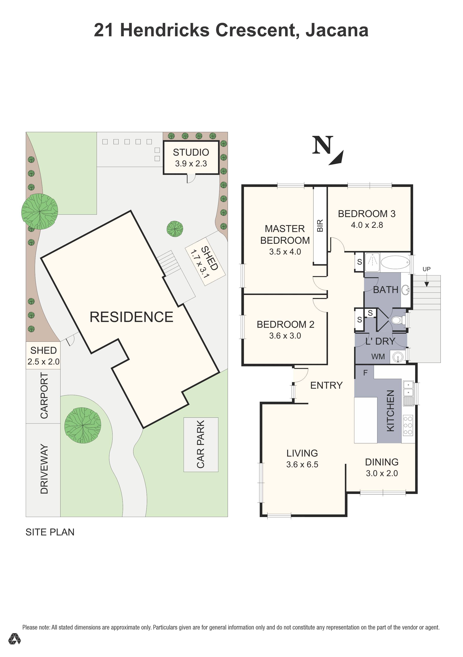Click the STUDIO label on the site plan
click(191, 152)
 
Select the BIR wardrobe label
click(320, 225)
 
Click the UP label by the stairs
click(426, 269)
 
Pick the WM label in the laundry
click(378, 357)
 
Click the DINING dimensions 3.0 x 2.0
click(382, 473)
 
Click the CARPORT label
click(44, 395)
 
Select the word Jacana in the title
click(337, 30)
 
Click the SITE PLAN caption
click(50, 532)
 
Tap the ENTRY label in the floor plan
click(326, 386)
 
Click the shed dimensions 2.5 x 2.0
click(44, 362)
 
